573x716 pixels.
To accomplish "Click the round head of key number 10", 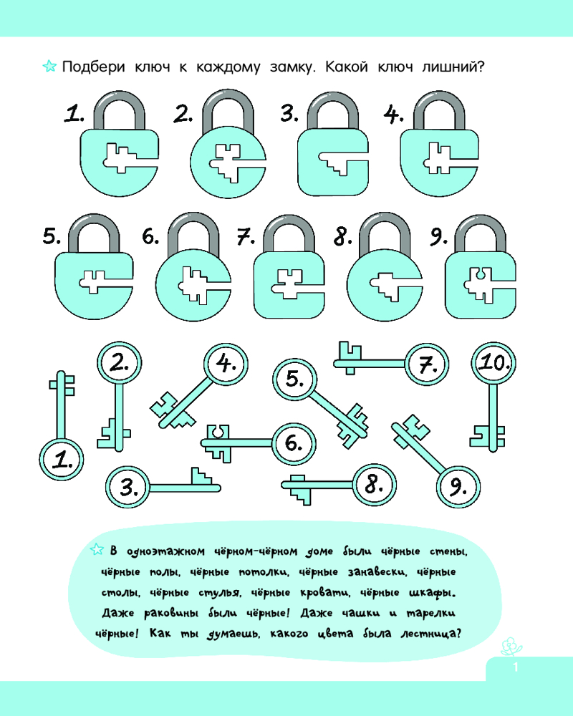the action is [x=493, y=364].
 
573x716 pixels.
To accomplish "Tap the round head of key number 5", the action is [x=294, y=379].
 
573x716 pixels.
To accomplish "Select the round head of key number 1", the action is [x=61, y=460].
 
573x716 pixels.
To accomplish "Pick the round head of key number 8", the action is [x=374, y=485].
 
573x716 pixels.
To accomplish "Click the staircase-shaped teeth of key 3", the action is [x=201, y=477].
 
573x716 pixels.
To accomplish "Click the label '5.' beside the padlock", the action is [x=52, y=236].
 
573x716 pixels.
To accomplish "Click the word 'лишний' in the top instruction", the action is [x=453, y=67].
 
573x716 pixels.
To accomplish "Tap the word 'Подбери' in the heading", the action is [x=94, y=67].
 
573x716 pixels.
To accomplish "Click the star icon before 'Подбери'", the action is [x=49, y=66].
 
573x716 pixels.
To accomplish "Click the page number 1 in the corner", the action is [x=516, y=667].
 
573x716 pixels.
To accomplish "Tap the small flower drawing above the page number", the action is [x=511, y=647].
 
